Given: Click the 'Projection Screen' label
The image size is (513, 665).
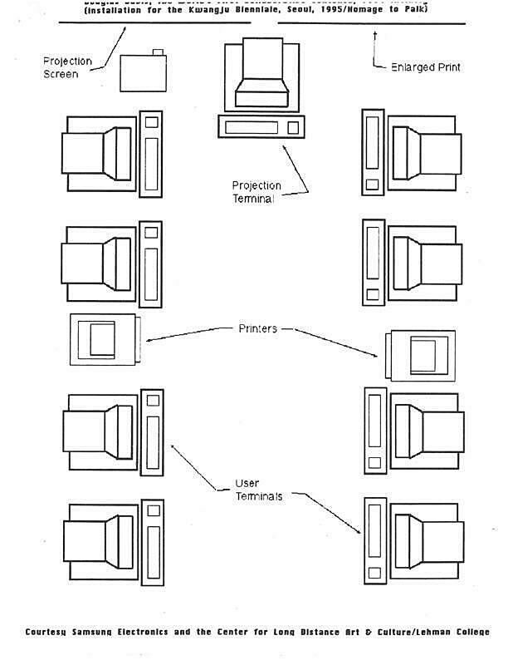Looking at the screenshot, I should [x=67, y=67].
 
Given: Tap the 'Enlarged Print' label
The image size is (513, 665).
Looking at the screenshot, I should [x=426, y=66].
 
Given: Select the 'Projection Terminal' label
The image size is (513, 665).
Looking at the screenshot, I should [x=256, y=192].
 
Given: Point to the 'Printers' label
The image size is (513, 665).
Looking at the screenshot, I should [x=258, y=328].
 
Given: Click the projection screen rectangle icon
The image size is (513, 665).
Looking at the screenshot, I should [x=144, y=72].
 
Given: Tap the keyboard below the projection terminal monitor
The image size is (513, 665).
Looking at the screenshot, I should [x=259, y=127].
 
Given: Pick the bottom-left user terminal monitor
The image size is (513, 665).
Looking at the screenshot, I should [x=100, y=533].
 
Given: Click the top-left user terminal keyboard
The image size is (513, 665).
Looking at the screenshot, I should [x=150, y=153].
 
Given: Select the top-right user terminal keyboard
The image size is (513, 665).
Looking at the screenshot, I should [x=373, y=152].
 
